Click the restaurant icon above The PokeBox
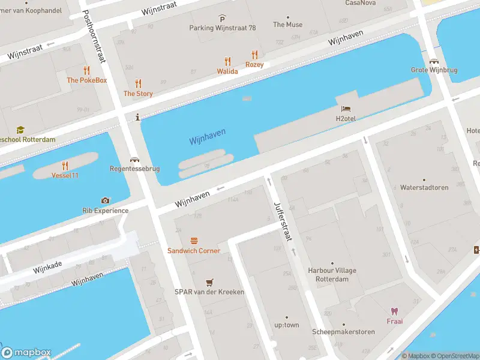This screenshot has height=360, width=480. [x=86, y=70]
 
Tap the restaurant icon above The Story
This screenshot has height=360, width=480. [x=138, y=83]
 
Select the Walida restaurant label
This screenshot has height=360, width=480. [x=227, y=71]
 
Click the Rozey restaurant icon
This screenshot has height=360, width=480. [x=254, y=55]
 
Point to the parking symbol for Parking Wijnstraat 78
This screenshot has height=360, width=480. [x=223, y=19]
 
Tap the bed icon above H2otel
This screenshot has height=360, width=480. [x=346, y=109]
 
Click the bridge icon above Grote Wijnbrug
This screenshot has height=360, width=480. [x=433, y=61]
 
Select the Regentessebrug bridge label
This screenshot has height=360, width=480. [x=135, y=169]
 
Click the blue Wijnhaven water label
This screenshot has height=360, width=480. [x=207, y=137]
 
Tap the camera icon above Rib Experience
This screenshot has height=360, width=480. [x=106, y=200]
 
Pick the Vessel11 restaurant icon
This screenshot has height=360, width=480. [x=65, y=166]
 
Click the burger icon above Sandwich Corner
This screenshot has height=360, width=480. [x=194, y=241]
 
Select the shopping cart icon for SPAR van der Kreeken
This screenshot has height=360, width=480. [x=209, y=282]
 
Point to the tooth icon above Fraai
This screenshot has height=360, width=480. [x=394, y=311]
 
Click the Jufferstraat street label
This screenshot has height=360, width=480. [x=283, y=221]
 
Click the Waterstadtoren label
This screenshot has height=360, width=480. [x=424, y=187]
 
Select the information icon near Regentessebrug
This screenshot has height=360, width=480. [x=139, y=117]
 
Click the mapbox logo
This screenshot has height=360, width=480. [x=26, y=352]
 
